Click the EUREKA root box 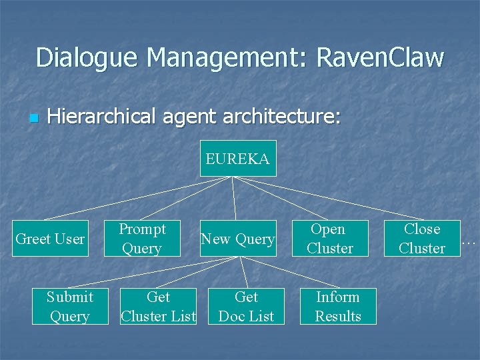point(238,159)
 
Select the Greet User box point(51,239)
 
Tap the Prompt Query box point(142,239)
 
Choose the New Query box point(238,239)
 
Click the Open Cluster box point(329,239)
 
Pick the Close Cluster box point(422,239)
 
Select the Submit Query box point(70,307)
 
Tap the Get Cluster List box point(158,307)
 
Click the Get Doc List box point(246,307)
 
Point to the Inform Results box point(337,307)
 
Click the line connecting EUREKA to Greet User point(137,198)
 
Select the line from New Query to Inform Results point(287,272)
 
